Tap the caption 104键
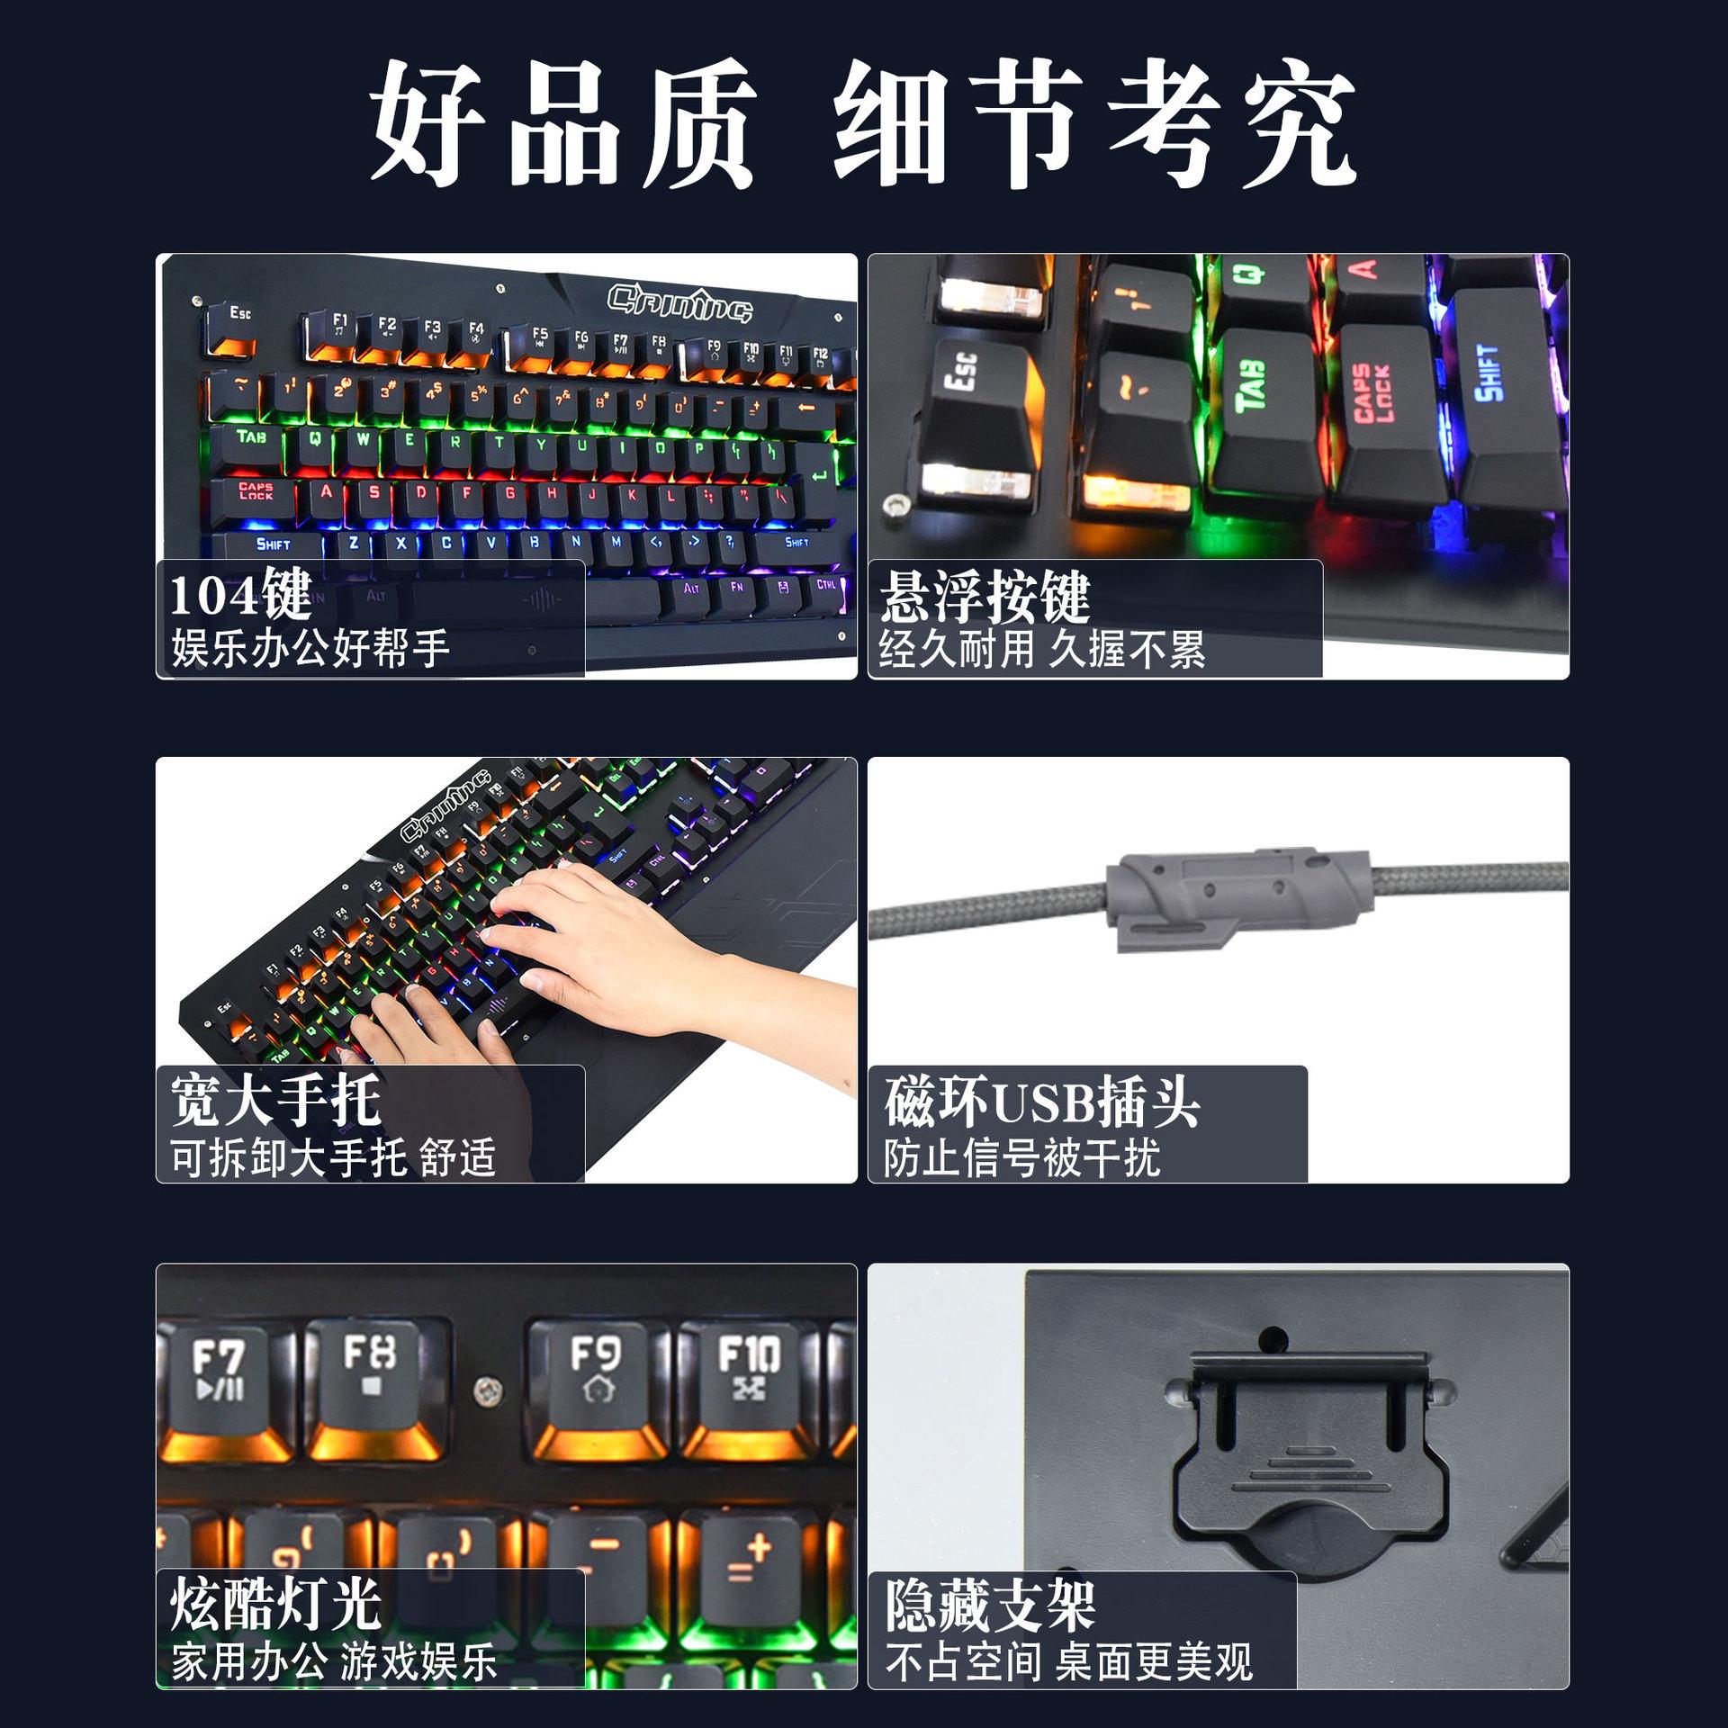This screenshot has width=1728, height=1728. [x=240, y=596]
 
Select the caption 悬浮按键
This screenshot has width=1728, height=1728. [x=985, y=596]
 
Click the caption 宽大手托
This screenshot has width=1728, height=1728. [x=275, y=1100]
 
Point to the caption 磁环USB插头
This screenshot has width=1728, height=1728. [x=1041, y=1102]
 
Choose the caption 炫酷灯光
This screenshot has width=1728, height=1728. [x=275, y=1604]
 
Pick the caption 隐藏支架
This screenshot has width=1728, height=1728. [x=990, y=1606]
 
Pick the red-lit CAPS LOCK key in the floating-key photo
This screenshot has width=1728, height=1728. [x=1377, y=405]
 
